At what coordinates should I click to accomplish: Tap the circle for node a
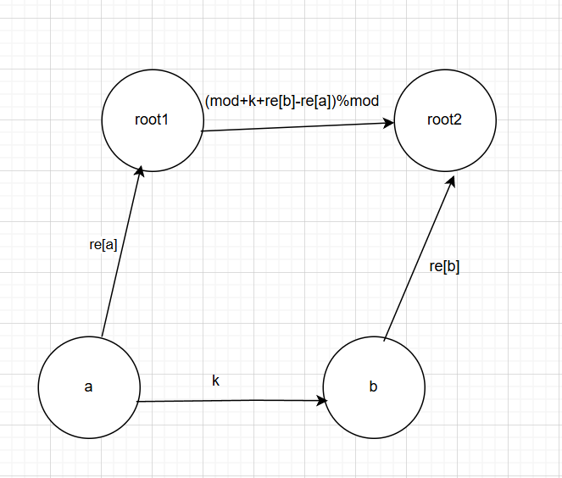89,387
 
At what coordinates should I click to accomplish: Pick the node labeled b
374,387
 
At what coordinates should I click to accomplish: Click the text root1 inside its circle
153,119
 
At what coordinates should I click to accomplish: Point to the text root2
445,119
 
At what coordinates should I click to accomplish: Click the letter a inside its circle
89,388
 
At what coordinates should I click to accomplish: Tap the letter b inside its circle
374,388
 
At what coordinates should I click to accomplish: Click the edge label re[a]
103,245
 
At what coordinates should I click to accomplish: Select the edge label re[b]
445,266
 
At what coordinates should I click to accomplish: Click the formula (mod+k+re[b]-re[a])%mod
292,100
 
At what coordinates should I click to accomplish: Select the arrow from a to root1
121,254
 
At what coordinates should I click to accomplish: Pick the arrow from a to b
229,400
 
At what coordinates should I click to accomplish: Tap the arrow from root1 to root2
297,127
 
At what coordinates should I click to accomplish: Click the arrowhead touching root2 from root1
389,123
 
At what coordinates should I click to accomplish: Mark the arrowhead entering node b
325,399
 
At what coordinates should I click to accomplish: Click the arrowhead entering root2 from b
453,182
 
